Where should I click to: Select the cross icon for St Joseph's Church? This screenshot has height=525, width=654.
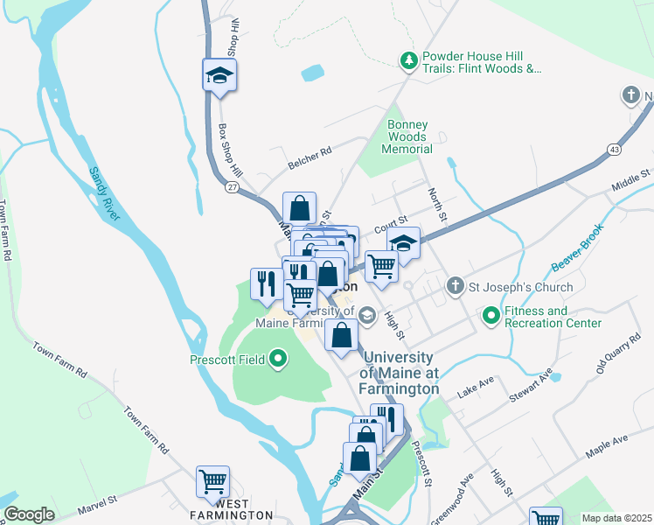(x=455, y=286)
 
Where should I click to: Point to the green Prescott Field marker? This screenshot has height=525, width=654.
(x=279, y=358)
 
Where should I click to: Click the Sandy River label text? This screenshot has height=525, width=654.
(x=105, y=192)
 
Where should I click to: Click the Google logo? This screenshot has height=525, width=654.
(x=29, y=514)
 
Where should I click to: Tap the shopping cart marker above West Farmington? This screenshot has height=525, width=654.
(x=212, y=481)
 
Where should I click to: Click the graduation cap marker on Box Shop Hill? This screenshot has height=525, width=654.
(x=219, y=75)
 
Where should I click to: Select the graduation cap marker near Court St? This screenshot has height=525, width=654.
(x=403, y=244)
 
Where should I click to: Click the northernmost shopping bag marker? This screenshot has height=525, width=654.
(x=299, y=208)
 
